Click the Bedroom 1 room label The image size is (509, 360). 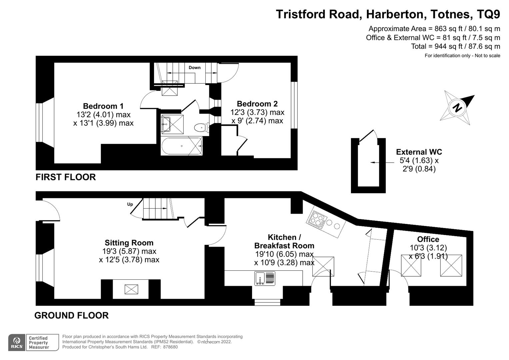click(x=103, y=106)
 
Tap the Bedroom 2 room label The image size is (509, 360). click(x=257, y=104)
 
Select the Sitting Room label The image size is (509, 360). click(x=129, y=243)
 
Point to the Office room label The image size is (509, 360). click(x=428, y=239)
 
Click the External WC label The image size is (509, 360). click(x=419, y=152)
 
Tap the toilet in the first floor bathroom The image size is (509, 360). click(x=202, y=127)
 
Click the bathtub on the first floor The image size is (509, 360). click(x=182, y=146)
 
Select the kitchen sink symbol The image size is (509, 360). click(x=265, y=278)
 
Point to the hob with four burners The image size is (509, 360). click(x=317, y=219)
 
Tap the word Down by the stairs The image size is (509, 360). click(x=195, y=67)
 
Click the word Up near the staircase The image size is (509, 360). click(x=130, y=204)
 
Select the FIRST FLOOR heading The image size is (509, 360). click(x=66, y=177)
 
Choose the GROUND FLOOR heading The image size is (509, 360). click(x=71, y=315)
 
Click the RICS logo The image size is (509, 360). click(x=17, y=343)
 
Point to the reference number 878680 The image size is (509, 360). click(x=170, y=347)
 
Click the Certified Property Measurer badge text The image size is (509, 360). click(x=39, y=343)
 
